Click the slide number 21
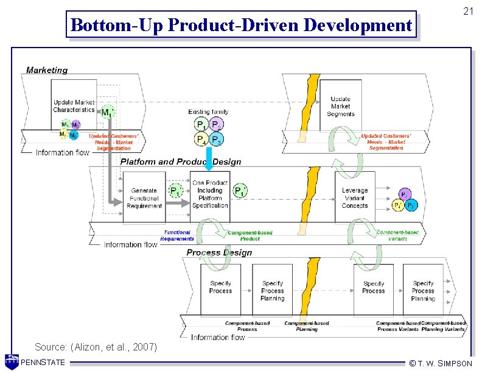pyautogui.click(x=467, y=11)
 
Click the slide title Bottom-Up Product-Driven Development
pyautogui.click(x=241, y=25)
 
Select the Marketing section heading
pyautogui.click(x=47, y=70)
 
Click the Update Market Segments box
pyautogui.click(x=340, y=106)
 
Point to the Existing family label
pyautogui.click(x=208, y=112)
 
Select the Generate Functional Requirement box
pyautogui.click(x=144, y=198)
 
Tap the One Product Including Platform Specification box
pyautogui.click(x=210, y=194)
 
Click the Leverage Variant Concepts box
pyautogui.click(x=355, y=197)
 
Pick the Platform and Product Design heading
pyautogui.click(x=181, y=162)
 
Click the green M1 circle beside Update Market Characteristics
pyautogui.click(x=107, y=112)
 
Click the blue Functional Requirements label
pyautogui.click(x=177, y=235)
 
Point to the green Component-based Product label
pyautogui.click(x=250, y=235)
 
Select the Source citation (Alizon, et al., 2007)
pyautogui.click(x=96, y=347)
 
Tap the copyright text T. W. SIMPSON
pyautogui.click(x=441, y=363)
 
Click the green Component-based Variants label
pyautogui.click(x=397, y=235)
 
